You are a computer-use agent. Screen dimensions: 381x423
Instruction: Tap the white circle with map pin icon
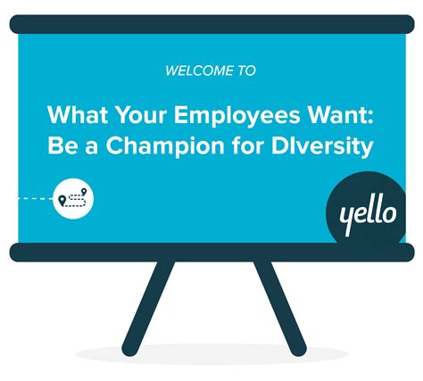(72, 197)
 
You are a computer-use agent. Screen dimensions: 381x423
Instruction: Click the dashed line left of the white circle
(34, 198)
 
